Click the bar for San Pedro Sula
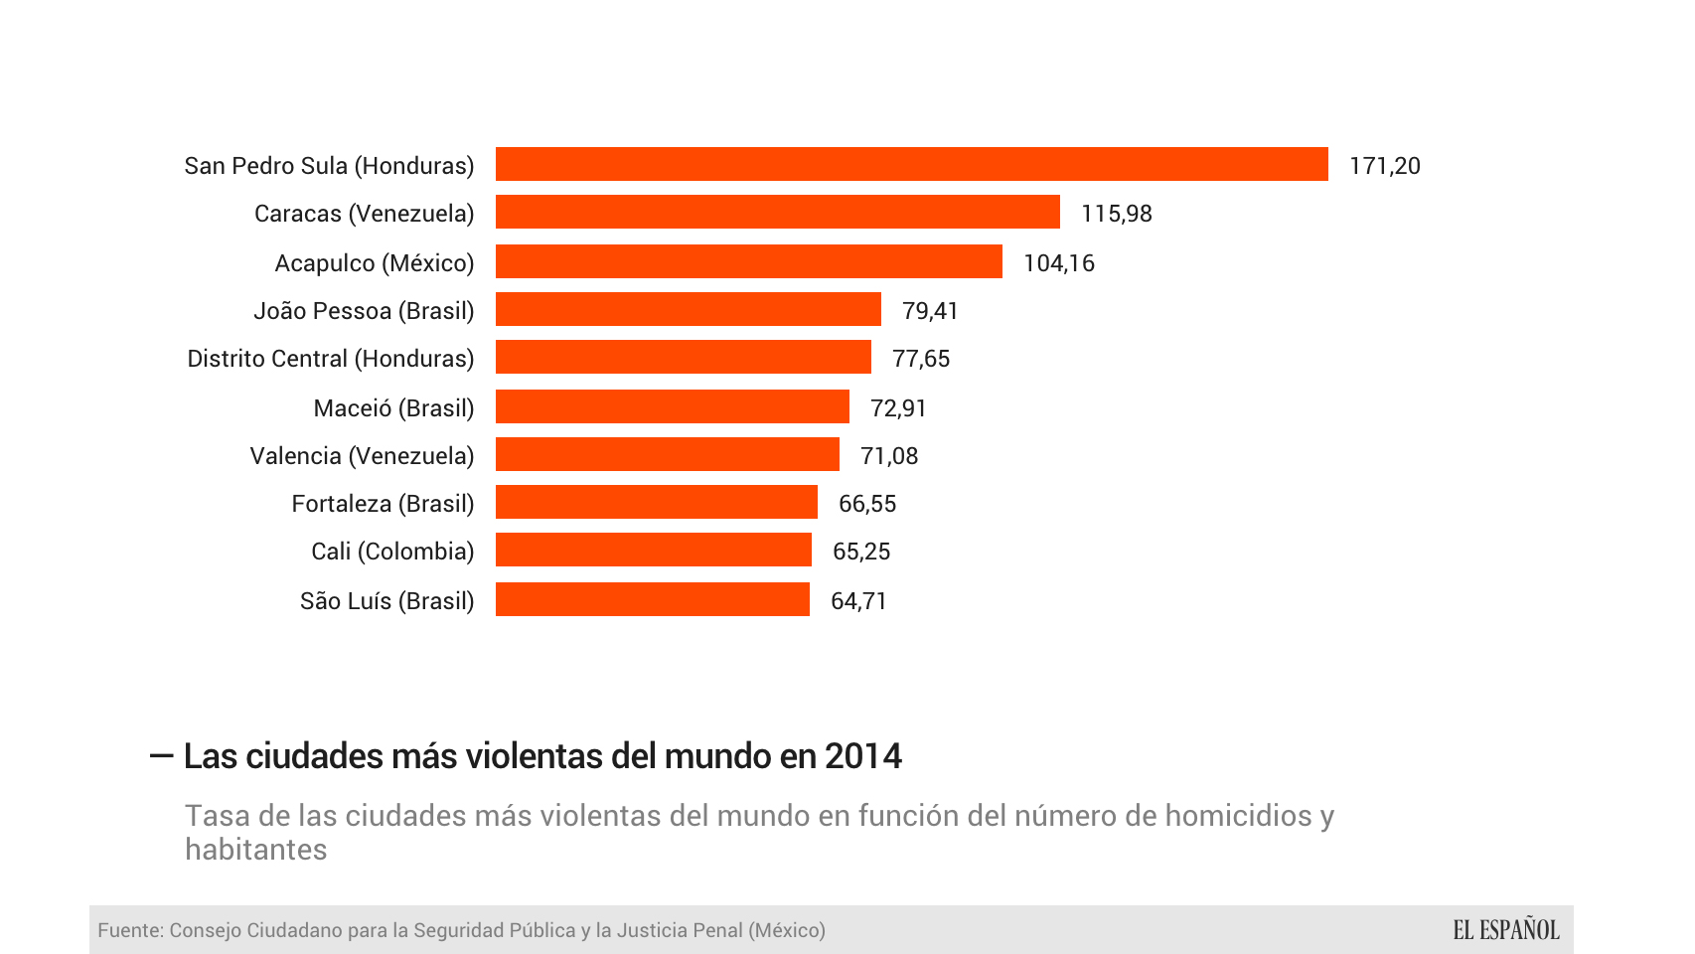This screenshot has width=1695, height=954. tap(911, 164)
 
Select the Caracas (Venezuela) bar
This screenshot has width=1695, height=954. tap(777, 212)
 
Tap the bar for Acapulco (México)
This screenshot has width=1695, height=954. tap(748, 261)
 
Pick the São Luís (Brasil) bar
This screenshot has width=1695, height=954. tap(652, 599)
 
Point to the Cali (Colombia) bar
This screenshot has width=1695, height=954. tap(653, 550)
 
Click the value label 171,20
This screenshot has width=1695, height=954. tap(1384, 166)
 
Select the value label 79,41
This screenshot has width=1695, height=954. tap(930, 311)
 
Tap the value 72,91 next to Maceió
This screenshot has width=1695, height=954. tap(898, 408)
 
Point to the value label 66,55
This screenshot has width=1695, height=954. tap(866, 504)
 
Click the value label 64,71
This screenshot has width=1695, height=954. tap(858, 601)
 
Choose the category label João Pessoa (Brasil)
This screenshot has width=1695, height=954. tap(364, 311)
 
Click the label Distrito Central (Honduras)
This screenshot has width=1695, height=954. tap(330, 359)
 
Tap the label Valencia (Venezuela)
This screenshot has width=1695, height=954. tap(362, 456)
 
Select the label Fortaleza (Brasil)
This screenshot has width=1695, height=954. tap(383, 504)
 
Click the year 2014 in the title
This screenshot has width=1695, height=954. tap(862, 756)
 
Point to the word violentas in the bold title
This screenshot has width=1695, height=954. tap(534, 756)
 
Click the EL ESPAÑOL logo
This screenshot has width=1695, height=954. tap(1505, 930)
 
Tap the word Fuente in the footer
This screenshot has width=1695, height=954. tap(129, 930)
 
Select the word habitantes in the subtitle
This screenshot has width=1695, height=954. tap(255, 850)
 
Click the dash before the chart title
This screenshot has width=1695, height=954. tap(161, 756)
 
